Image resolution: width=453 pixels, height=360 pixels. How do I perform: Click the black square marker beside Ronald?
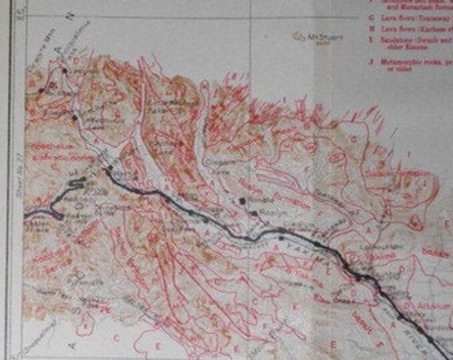tap(242, 199)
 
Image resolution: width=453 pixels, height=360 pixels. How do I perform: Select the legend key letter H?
tap(370, 29)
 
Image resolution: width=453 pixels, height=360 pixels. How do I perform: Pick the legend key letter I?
tap(370, 40)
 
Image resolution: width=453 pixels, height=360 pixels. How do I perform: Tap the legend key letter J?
tap(370, 62)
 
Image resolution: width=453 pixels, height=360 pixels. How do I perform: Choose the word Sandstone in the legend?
tap(393, 40)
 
